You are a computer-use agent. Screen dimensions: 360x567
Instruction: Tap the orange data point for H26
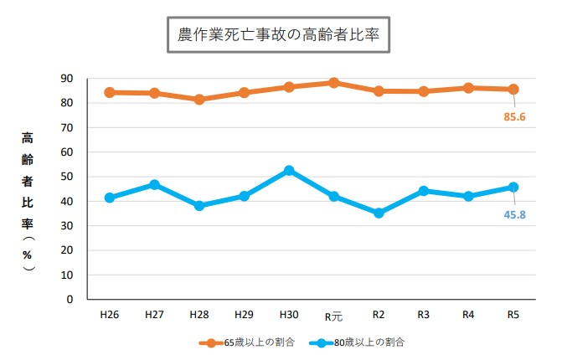[x=110, y=92]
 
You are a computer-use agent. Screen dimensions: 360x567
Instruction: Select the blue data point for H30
[x=289, y=170]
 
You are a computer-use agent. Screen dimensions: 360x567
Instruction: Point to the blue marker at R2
[x=379, y=213]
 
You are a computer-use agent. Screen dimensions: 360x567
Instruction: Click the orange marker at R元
[x=333, y=83]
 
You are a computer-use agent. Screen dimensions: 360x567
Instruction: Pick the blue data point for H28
[x=199, y=205]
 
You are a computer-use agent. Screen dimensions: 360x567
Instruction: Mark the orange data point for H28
[x=199, y=100]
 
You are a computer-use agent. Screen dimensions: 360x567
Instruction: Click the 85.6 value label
[x=514, y=116]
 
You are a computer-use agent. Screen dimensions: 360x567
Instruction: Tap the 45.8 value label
[x=514, y=214]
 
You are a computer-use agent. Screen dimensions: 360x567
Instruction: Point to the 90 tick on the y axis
[x=67, y=79]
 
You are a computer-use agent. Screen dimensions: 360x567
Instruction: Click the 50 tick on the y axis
[x=67, y=177]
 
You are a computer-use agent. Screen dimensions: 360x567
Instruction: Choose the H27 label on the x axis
[x=154, y=316]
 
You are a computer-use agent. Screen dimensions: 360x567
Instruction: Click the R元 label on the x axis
[x=333, y=316]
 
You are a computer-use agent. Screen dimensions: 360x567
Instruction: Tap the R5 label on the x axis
[x=513, y=316]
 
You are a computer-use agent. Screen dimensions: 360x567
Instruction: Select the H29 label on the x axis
[x=244, y=316]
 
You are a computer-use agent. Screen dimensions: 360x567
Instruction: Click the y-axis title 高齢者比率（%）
[x=28, y=201]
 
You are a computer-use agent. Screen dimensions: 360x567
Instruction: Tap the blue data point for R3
[x=423, y=191]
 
